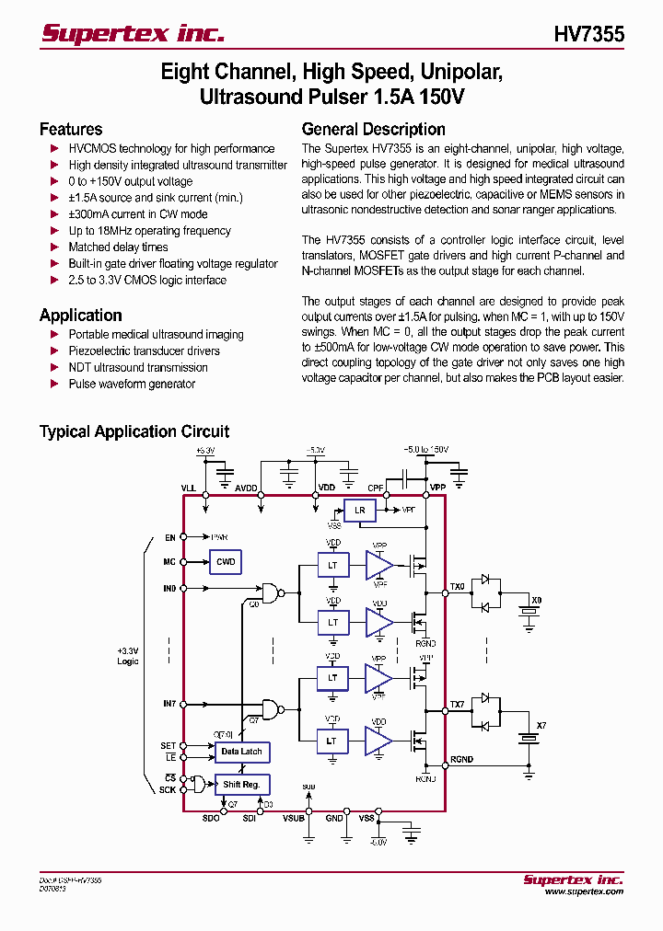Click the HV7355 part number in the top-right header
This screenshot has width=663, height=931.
coord(588,34)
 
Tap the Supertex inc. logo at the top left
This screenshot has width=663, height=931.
coord(133,34)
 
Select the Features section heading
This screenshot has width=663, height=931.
coord(71,130)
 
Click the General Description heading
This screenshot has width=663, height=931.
coord(373,130)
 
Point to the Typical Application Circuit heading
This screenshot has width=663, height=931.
coord(134,431)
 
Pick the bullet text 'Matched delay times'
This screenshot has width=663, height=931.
coord(118,247)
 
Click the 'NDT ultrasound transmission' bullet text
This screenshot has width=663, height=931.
coord(138,367)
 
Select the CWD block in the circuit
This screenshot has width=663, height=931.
coord(226,562)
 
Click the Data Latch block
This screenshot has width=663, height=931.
coord(241,752)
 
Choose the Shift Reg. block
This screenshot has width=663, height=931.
coord(241,785)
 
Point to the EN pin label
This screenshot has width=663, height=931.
coord(169,537)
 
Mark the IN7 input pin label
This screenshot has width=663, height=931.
coord(169,704)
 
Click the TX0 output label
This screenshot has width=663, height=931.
coord(458,586)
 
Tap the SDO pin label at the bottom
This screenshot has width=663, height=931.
coord(211,818)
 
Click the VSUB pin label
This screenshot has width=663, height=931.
coord(294,818)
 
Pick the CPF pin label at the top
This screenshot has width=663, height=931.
coord(376,488)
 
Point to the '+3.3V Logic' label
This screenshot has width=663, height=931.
coord(128,655)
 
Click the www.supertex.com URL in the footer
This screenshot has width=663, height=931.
coord(583,891)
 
